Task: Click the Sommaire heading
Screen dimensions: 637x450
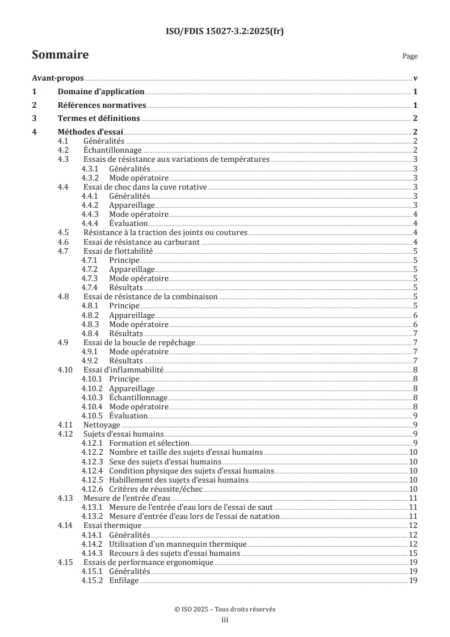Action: click(60, 55)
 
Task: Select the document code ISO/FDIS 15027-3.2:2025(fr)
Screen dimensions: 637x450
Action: click(225, 32)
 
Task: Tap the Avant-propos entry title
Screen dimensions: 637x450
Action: click(57, 78)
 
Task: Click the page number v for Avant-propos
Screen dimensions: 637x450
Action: click(415, 78)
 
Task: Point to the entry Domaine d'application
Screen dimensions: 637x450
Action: click(101, 92)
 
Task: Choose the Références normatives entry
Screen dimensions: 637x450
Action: click(102, 105)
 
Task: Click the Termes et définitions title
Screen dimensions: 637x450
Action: click(99, 119)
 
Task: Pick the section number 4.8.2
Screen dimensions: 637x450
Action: click(91, 315)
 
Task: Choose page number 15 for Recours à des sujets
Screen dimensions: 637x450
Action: click(414, 552)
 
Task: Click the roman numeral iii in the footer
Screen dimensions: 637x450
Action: click(225, 620)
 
